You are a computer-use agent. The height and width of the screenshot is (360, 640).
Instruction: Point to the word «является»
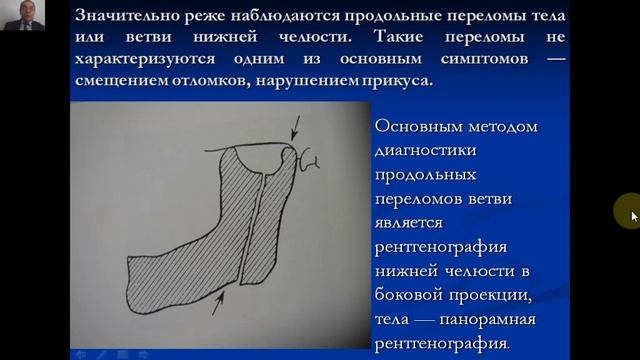coord(415,224)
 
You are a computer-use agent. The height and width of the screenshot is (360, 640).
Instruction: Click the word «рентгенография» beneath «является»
coord(444,248)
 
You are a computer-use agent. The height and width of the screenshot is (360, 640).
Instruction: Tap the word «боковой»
coord(409,296)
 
